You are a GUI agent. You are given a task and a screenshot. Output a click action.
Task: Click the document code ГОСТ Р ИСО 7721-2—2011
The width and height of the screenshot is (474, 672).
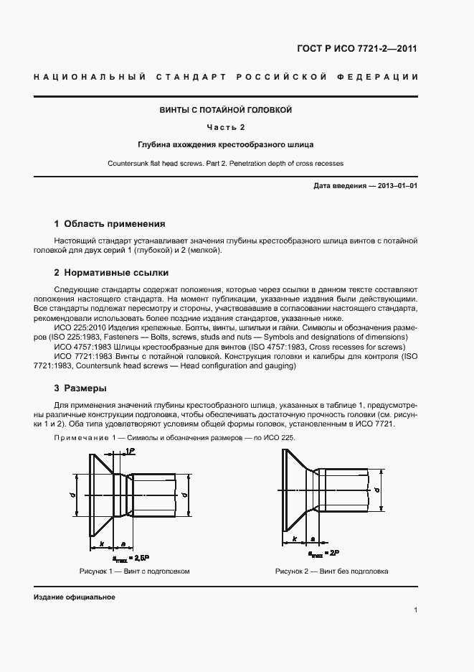[356, 50]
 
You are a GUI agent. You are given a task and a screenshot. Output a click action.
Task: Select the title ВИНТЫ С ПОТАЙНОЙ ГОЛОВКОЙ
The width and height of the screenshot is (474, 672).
[226, 111]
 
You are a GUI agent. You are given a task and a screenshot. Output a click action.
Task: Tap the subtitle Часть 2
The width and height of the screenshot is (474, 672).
[226, 128]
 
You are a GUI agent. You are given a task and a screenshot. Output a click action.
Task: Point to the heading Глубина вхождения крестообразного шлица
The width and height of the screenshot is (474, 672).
[226, 144]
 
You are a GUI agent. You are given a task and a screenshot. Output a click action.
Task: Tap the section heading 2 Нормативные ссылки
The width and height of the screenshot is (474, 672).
[111, 273]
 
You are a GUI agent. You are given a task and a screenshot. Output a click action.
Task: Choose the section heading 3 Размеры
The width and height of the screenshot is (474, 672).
[80, 388]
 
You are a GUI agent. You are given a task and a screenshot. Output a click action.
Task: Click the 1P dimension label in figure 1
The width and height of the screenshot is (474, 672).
[130, 450]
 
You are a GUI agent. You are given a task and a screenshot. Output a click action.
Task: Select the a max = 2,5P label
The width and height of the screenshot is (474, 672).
[131, 557]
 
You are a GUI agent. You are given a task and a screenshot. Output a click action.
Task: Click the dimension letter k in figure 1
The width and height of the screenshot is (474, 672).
[102, 543]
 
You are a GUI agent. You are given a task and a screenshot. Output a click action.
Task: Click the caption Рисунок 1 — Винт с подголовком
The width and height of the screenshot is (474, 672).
[134, 571]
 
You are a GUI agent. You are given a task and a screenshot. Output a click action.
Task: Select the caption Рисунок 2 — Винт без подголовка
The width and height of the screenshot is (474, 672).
[331, 571]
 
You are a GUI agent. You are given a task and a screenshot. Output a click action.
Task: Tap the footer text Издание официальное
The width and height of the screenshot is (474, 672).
[74, 597]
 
